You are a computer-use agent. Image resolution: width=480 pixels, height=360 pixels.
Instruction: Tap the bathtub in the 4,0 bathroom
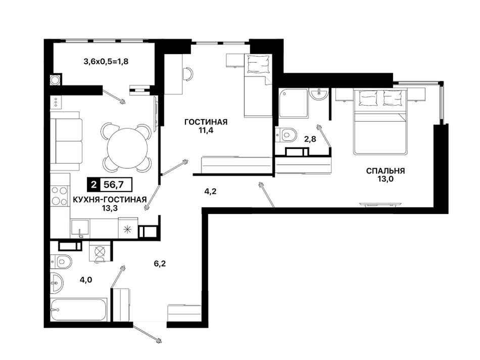point(78,310)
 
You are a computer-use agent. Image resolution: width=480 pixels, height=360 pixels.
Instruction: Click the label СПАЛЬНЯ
point(386,171)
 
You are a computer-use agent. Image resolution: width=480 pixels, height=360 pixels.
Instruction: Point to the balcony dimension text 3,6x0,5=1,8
point(106,62)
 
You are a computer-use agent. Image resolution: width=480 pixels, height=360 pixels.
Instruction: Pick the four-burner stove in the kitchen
point(59,195)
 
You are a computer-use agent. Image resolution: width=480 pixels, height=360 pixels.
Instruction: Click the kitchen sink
point(80,229)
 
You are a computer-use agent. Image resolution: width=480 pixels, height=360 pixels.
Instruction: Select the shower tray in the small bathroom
point(293,103)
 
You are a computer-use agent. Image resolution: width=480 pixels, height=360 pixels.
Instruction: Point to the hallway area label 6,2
point(160,263)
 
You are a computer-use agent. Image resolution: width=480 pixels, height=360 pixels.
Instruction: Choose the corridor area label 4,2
point(211,191)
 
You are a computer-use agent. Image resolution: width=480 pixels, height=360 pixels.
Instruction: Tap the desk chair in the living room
point(187,74)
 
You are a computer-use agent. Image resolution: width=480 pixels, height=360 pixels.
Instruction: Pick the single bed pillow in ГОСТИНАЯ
point(259,64)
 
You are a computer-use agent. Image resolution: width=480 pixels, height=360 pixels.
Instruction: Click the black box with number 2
point(94,184)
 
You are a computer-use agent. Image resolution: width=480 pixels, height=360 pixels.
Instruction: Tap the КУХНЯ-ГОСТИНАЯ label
point(110,199)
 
